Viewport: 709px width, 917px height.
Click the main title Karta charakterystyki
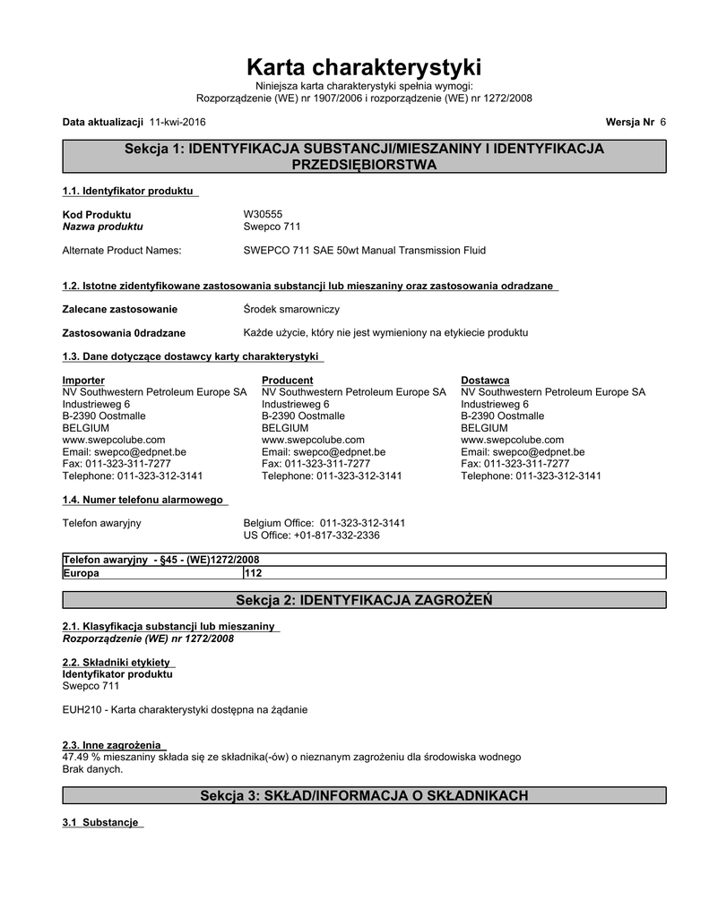point(363,67)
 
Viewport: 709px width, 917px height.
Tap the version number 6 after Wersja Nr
point(662,121)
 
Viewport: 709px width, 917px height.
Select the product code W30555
point(263,215)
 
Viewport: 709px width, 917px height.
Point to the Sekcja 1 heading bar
point(363,157)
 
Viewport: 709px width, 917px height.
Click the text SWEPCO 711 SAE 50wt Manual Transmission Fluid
point(365,251)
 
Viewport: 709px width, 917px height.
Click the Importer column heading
point(83,381)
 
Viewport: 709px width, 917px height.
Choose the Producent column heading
point(287,381)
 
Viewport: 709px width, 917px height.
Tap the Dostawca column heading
point(485,381)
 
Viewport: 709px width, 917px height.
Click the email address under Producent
point(324,452)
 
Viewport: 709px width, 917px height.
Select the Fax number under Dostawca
point(514,464)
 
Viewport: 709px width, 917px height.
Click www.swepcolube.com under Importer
point(114,440)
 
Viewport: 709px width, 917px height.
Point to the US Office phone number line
point(312,535)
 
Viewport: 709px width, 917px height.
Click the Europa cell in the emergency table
point(81,573)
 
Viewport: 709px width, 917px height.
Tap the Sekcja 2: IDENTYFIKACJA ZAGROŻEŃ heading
point(363,599)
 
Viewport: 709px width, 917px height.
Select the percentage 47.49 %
point(84,757)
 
